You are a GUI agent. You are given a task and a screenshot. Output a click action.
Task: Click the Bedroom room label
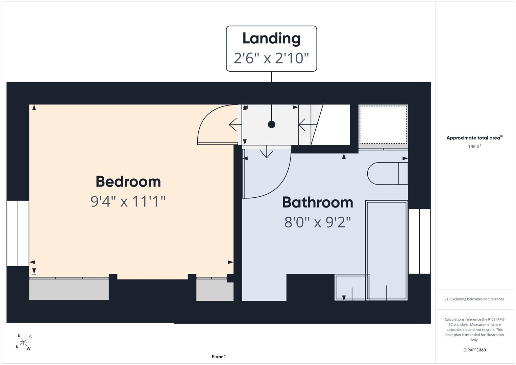(x=128, y=181)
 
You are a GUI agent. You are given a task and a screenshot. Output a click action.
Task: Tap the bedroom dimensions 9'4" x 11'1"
(x=128, y=201)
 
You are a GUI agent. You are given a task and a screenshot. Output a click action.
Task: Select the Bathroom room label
(x=318, y=202)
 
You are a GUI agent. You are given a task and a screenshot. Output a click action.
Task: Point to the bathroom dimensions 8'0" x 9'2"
(x=318, y=222)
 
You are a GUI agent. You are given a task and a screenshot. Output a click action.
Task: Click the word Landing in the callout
(x=271, y=39)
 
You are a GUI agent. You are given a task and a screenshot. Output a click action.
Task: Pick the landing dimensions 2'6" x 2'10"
(x=271, y=58)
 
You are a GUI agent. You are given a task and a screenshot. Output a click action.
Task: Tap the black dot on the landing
(x=272, y=124)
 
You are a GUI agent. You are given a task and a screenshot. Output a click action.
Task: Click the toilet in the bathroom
(x=388, y=173)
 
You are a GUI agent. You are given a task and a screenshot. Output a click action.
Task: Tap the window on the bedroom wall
(x=18, y=234)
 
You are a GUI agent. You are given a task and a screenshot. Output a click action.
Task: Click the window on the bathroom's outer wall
(x=419, y=241)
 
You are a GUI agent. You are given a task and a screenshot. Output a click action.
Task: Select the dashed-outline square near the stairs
(x=383, y=124)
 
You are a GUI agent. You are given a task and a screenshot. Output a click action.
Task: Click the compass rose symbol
(x=24, y=342)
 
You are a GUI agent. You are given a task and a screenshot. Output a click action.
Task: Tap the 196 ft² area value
(x=474, y=147)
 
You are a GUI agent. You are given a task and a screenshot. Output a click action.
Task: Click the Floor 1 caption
(x=219, y=357)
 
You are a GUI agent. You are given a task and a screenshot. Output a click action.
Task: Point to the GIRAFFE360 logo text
(x=474, y=350)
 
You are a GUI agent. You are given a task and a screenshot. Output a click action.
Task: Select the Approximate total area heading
(x=474, y=138)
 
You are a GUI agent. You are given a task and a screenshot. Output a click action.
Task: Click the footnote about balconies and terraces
(x=474, y=299)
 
